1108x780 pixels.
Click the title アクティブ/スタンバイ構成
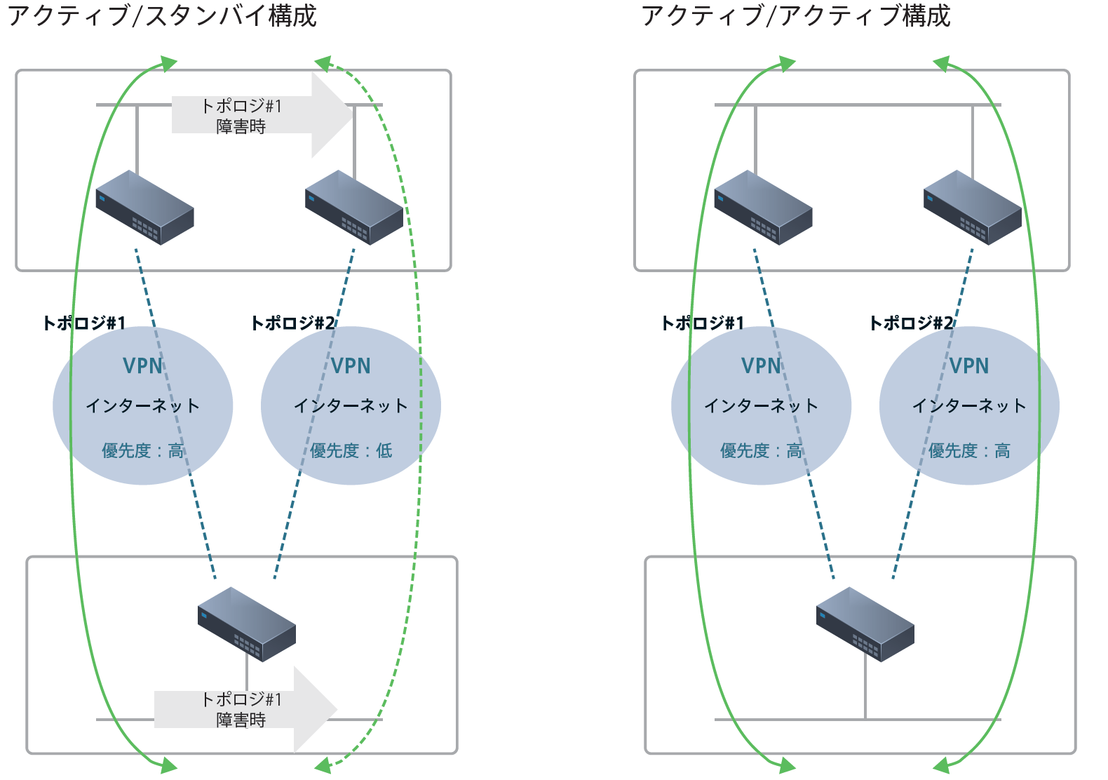pos(162,15)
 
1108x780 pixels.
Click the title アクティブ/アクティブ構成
pos(795,15)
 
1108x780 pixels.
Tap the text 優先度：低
pos(351,450)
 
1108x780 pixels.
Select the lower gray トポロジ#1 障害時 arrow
pos(245,709)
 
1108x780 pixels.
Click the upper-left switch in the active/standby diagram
pos(144,208)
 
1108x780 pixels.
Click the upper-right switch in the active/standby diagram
pos(354,208)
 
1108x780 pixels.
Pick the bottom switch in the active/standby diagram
pos(246,624)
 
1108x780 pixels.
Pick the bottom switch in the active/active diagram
pos(865,624)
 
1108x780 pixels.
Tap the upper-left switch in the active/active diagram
pos(763,208)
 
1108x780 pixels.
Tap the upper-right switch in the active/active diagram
pos(973,208)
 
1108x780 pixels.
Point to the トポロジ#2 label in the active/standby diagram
pos(292,323)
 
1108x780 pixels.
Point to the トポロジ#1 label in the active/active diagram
pos(702,323)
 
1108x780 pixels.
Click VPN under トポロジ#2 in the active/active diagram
pos(969,365)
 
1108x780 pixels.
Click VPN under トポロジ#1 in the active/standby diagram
pos(142,365)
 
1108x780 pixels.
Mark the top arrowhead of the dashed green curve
pos(323,64)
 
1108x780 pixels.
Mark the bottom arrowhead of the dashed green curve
pos(323,765)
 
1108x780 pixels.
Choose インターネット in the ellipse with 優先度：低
pos(351,405)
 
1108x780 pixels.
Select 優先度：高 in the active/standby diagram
pos(143,450)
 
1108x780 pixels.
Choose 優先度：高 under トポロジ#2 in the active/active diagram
pos(969,450)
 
